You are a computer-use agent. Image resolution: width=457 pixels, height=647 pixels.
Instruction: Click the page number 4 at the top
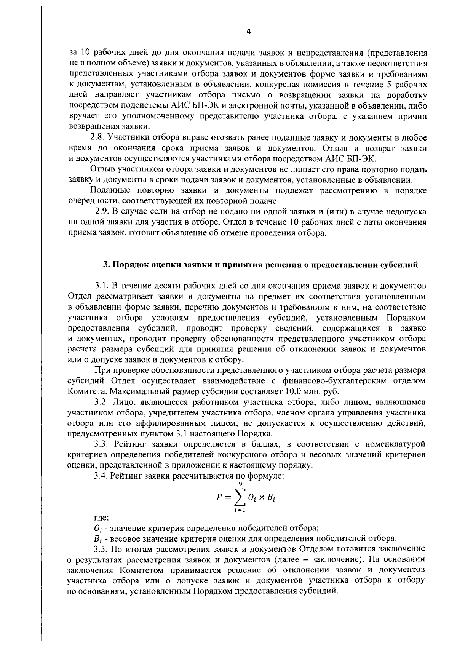tap(248, 32)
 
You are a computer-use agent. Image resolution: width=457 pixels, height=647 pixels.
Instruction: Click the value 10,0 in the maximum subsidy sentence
tap(292, 391)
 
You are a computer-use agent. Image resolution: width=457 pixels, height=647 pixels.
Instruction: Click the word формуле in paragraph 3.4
tap(264, 476)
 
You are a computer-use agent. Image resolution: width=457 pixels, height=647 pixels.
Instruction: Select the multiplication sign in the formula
tap(262, 497)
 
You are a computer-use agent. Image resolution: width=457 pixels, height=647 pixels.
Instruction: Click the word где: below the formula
tap(101, 518)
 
